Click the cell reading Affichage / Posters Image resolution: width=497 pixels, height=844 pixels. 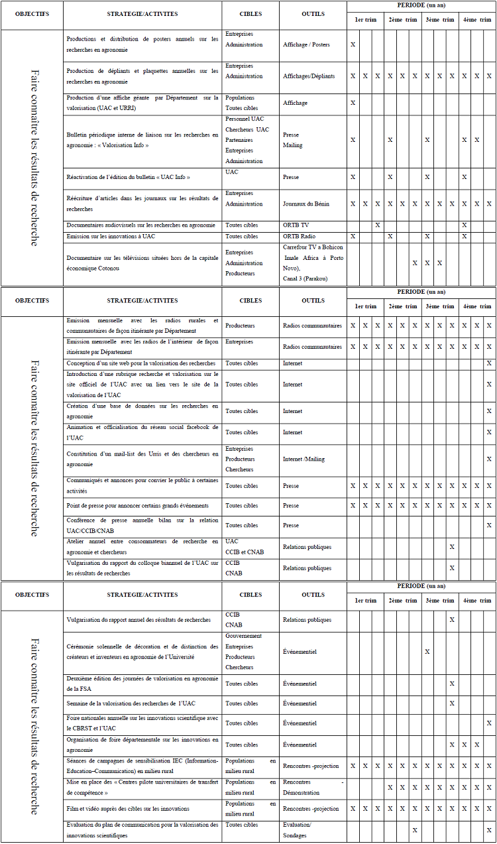306,44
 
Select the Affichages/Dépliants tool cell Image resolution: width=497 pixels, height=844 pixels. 309,76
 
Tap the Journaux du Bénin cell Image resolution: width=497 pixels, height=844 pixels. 305,204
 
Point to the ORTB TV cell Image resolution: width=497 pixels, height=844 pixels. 296,225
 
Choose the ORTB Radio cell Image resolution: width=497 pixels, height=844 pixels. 299,236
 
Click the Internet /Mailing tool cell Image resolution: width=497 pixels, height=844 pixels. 304,459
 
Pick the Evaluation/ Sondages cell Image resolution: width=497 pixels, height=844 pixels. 297,830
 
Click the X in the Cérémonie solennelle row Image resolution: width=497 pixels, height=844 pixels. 427,652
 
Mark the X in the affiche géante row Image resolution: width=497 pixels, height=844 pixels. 353,103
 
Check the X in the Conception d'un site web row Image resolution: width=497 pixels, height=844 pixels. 489,363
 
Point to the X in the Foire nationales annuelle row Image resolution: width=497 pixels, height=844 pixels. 489,723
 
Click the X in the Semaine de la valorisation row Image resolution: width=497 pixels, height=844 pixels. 452,703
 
